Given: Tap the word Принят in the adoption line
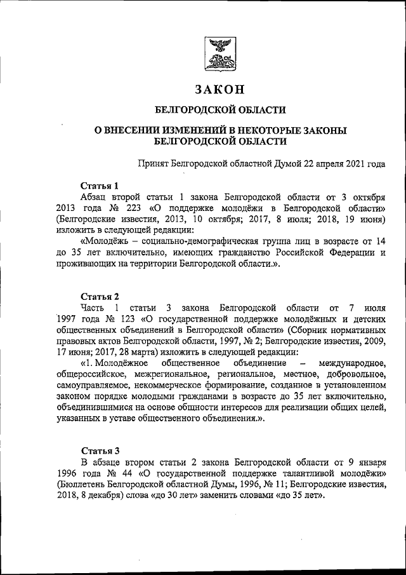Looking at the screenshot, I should (155, 163).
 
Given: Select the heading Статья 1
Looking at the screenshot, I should (100, 186).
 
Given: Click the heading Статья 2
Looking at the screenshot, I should (100, 297).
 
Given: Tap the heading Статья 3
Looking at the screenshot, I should (100, 450).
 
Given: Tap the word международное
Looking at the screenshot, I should (352, 363).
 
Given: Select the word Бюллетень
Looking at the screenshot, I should (82, 485).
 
